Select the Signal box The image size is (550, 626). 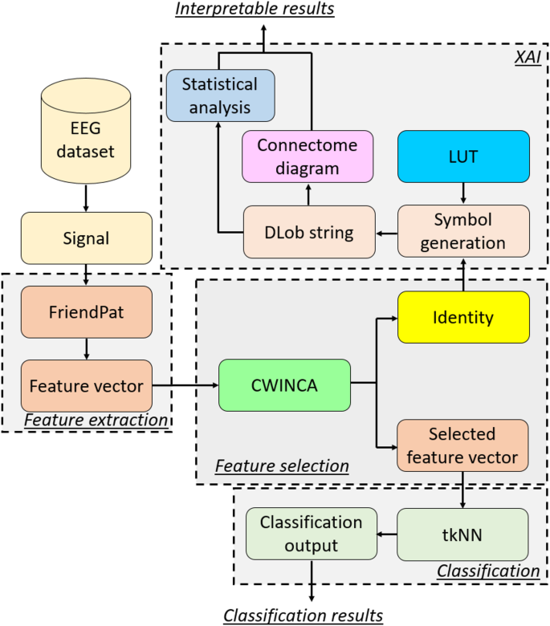click(x=85, y=238)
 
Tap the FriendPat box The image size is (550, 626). click(x=85, y=311)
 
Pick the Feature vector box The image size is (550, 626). click(x=85, y=385)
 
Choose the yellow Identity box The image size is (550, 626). click(x=463, y=317)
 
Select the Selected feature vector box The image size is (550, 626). click(x=463, y=445)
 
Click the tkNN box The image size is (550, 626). click(x=463, y=533)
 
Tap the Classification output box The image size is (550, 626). click(x=312, y=533)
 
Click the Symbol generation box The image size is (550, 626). click(x=463, y=230)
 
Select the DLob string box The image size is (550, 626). click(x=309, y=232)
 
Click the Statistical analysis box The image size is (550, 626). click(x=220, y=95)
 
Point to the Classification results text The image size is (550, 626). click(x=303, y=615)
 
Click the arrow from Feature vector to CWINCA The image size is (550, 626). click(x=185, y=385)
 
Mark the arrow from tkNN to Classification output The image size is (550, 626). click(x=387, y=533)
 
